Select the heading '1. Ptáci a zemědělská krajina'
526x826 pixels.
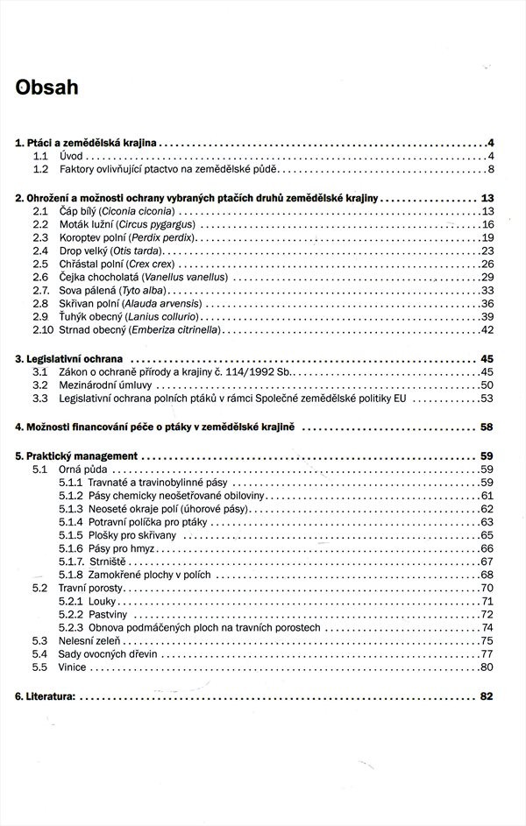tap(86, 142)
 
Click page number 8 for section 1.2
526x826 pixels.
tap(492, 169)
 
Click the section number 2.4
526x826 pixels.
tap(40, 251)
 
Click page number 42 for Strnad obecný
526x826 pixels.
tap(488, 329)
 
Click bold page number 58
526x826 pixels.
tap(487, 427)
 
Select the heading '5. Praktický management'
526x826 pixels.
tap(77, 456)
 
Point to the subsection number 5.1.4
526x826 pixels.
tap(70, 522)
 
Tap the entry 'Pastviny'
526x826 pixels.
tap(109, 614)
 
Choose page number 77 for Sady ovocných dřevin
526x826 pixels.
tap(488, 654)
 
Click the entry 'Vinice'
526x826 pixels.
tap(73, 667)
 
